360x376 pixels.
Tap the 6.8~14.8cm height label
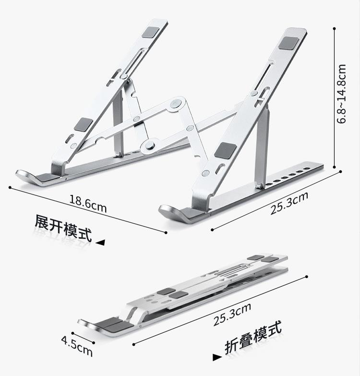tap(342, 94)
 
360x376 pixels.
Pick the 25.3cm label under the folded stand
tap(232, 315)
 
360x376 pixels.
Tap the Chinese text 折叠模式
tap(253, 340)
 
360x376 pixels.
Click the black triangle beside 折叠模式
tap(216, 357)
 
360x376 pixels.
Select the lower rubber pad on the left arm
tap(83, 125)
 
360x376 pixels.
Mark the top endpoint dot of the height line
tap(334, 28)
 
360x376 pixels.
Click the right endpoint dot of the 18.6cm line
tap(166, 233)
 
